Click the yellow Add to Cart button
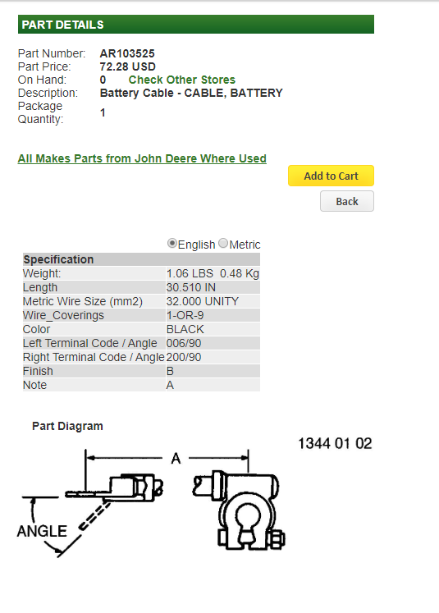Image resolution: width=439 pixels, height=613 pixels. (x=332, y=176)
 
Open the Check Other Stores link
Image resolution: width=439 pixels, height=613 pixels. (x=182, y=80)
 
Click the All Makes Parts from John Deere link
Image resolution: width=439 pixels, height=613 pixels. (x=142, y=158)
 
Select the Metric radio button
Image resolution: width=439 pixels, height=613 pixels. (x=223, y=243)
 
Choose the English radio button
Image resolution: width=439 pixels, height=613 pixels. (x=171, y=243)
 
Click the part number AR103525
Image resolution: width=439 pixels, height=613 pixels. (x=127, y=53)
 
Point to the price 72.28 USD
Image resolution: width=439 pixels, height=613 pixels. (x=128, y=66)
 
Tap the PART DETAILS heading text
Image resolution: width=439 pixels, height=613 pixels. (x=63, y=25)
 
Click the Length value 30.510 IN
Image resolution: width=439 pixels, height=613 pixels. (x=190, y=287)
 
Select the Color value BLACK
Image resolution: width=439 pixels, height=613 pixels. (x=185, y=329)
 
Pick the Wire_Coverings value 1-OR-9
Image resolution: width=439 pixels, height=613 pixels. (x=185, y=315)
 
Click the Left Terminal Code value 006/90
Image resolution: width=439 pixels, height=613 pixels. (x=184, y=343)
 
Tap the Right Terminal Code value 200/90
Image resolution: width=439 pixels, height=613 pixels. (x=184, y=357)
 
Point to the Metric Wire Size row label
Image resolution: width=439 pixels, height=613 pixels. (x=83, y=301)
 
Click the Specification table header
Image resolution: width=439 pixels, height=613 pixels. (x=58, y=259)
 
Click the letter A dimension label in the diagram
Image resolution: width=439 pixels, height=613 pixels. (x=176, y=458)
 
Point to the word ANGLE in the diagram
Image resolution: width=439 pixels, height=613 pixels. (x=42, y=531)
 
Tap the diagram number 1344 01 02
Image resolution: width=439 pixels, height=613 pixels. (x=335, y=443)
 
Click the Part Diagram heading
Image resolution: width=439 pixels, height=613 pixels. (x=67, y=426)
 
